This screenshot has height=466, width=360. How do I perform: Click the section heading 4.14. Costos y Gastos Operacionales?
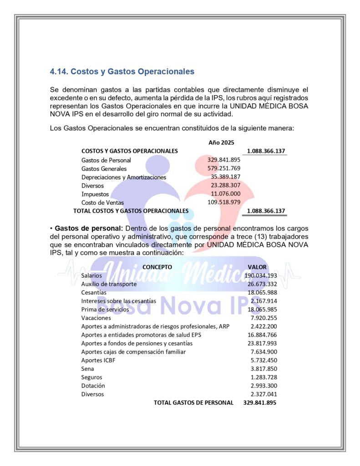pyautogui.click(x=122, y=71)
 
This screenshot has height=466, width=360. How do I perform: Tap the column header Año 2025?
pyautogui.click(x=221, y=142)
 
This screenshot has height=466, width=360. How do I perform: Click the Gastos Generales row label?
pyautogui.click(x=104, y=168)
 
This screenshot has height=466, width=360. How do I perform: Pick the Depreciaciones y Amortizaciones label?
pyautogui.click(x=124, y=177)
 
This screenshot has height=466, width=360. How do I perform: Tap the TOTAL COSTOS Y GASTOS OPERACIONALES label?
pyautogui.click(x=131, y=211)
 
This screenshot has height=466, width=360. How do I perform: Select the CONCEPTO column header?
pyautogui.click(x=157, y=267)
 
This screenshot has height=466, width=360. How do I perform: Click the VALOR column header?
pyautogui.click(x=257, y=267)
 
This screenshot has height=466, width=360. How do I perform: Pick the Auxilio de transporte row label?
pyautogui.click(x=109, y=284)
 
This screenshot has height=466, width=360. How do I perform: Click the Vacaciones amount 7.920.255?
pyautogui.click(x=264, y=318)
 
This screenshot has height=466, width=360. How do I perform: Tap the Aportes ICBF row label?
pyautogui.click(x=96, y=360)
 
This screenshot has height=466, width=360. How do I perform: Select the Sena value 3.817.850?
pyautogui.click(x=264, y=369)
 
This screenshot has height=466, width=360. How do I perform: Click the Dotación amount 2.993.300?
pyautogui.click(x=264, y=385)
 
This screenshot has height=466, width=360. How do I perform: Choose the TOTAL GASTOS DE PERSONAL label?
pyautogui.click(x=193, y=403)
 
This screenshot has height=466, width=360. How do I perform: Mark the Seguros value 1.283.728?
pyautogui.click(x=264, y=377)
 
